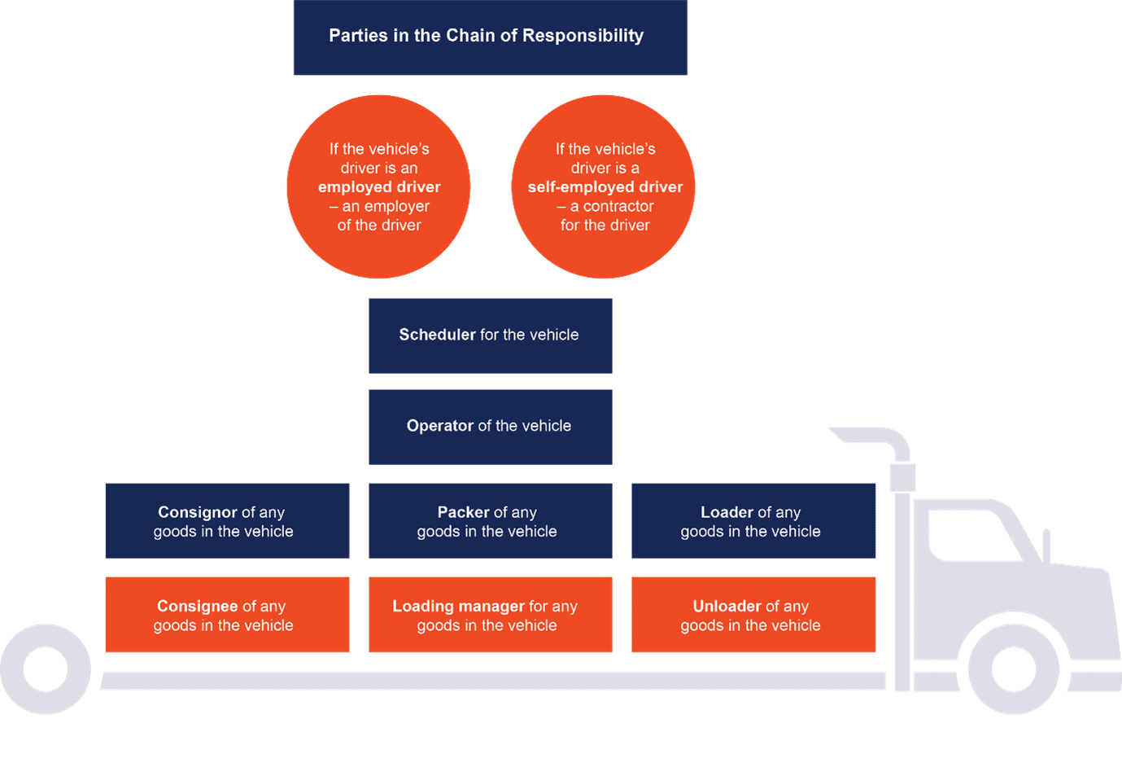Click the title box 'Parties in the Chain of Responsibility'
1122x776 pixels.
[x=490, y=37]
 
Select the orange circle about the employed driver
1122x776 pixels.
[x=378, y=186]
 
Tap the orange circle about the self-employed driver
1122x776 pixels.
[x=604, y=186]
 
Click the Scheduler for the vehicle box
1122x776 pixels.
[x=490, y=335]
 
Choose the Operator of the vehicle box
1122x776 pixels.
[x=490, y=427]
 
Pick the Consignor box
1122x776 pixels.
[x=227, y=521]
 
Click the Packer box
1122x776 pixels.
[x=490, y=521]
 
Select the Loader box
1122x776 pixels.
[x=753, y=521]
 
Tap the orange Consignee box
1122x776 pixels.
[x=227, y=615]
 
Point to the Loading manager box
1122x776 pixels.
[x=490, y=615]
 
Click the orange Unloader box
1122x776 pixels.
[x=753, y=615]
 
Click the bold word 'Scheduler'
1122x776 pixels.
[x=437, y=335]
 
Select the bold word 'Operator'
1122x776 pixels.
[x=439, y=426]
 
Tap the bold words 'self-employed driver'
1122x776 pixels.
[x=605, y=187]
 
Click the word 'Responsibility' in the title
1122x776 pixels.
[x=583, y=36]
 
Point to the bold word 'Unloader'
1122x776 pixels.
[x=727, y=606]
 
